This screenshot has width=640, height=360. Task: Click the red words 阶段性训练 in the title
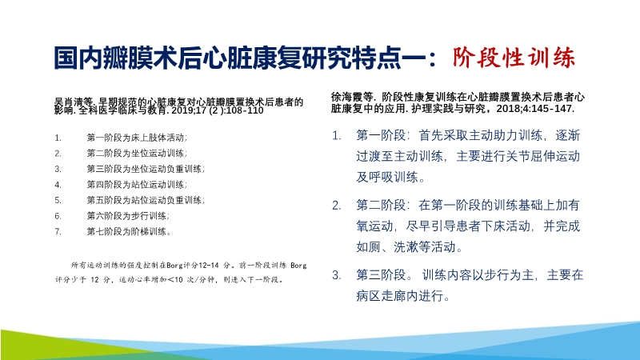513,58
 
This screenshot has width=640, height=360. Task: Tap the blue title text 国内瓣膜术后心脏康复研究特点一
245,58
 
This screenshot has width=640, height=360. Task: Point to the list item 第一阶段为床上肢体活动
135,138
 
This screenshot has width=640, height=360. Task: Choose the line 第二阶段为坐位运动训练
136,153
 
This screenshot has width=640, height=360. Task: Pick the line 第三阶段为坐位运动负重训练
145,169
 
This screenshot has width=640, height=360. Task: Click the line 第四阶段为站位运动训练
136,184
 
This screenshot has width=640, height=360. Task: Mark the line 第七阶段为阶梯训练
127,231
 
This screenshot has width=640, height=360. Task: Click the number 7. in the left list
58,231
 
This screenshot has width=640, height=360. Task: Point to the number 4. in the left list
58,184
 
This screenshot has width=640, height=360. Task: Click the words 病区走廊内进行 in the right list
402,296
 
